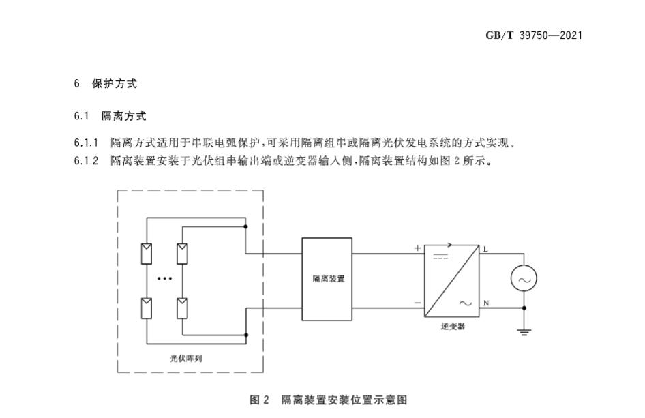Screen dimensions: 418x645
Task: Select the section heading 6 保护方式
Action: (x=106, y=84)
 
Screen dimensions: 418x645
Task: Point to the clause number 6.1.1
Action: (x=87, y=143)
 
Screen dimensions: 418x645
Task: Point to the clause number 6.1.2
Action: (x=87, y=162)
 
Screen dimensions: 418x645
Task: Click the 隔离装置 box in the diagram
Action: (x=327, y=279)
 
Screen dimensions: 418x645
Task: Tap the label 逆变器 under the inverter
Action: (x=452, y=327)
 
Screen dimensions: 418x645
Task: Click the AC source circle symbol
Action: (x=524, y=278)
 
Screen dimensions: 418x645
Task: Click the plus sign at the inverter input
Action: (x=417, y=249)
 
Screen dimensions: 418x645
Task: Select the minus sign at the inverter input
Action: (x=417, y=301)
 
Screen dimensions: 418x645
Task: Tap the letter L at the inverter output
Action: (x=485, y=249)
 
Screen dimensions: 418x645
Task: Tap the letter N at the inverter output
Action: (x=485, y=302)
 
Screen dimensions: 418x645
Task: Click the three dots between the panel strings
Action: (x=164, y=279)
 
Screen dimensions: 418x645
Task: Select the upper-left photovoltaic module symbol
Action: (x=147, y=253)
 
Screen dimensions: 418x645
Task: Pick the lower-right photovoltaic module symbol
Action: (x=181, y=308)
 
